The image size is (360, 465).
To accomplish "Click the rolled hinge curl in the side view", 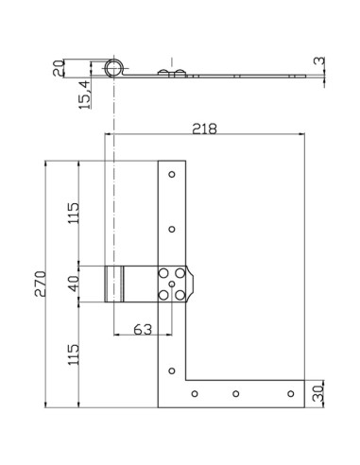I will (x=114, y=67).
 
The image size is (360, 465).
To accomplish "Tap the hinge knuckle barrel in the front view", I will (x=115, y=284).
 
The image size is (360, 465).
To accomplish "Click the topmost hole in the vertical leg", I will (x=172, y=174).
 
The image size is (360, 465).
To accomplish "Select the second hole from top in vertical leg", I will (x=172, y=228).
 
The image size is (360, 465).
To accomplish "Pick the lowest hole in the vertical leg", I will (x=172, y=369).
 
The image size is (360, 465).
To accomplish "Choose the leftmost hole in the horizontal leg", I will (x=194, y=392).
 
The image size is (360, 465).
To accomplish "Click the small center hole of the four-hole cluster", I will (x=172, y=284).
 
